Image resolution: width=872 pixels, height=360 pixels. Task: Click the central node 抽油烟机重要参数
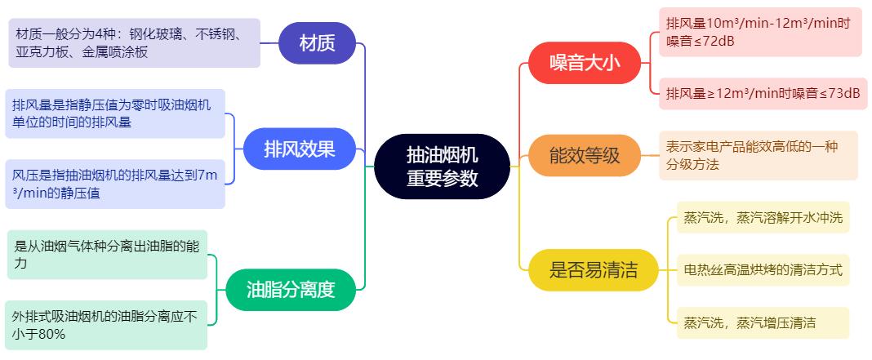(442, 167)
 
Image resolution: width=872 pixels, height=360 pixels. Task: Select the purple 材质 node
(318, 43)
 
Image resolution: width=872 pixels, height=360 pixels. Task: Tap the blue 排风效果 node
(299, 149)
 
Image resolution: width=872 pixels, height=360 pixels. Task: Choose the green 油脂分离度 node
(291, 289)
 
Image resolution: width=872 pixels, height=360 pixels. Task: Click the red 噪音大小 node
(585, 63)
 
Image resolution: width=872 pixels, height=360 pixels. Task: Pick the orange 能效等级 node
(585, 155)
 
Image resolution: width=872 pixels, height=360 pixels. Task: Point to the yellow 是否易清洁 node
(593, 269)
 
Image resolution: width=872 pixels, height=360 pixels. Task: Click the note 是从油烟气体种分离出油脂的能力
(107, 254)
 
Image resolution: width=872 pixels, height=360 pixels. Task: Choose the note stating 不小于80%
(106, 325)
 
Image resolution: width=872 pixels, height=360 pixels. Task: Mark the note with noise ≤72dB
(759, 32)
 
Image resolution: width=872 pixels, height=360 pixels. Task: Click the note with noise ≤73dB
(762, 92)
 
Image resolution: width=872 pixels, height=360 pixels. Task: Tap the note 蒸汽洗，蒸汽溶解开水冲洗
(763, 217)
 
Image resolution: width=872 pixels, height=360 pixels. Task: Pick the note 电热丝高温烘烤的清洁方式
(763, 269)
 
